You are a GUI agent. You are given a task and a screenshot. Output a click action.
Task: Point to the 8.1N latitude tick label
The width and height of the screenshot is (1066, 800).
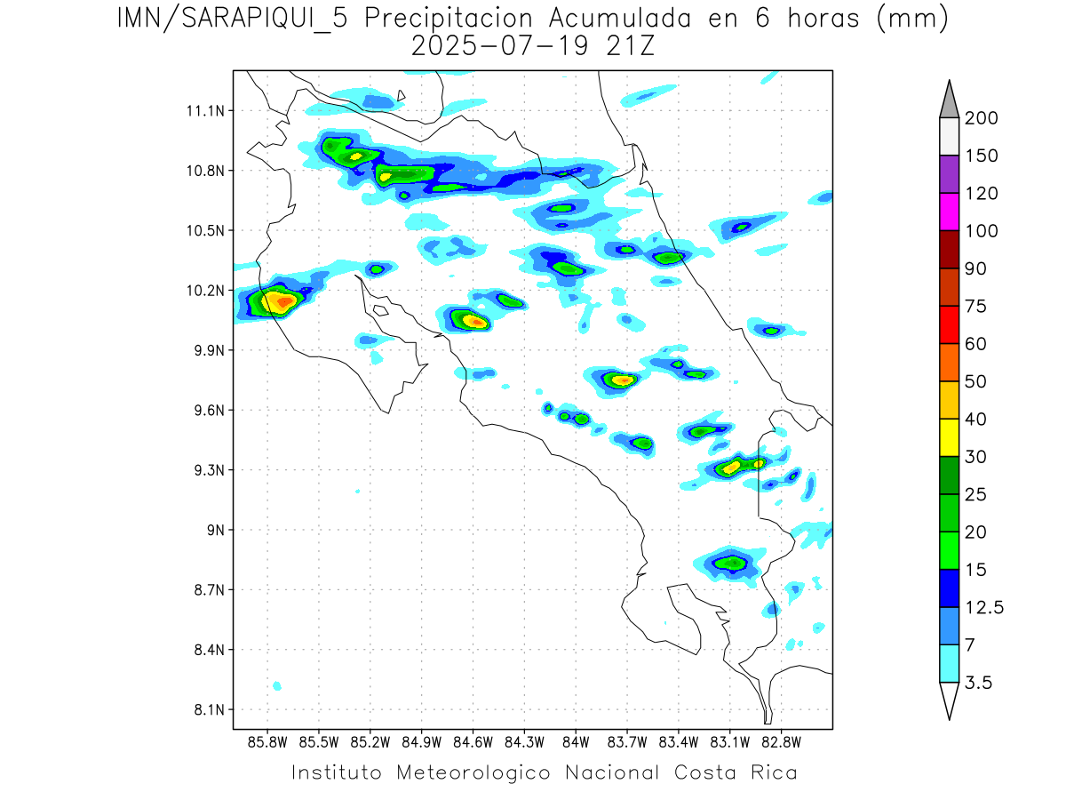207,710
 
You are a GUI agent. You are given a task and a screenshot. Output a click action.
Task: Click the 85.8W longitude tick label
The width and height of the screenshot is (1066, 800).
267,742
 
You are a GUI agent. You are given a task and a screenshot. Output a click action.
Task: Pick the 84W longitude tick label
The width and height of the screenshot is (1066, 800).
576,742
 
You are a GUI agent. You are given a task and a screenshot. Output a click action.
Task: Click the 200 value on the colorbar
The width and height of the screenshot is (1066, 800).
982,118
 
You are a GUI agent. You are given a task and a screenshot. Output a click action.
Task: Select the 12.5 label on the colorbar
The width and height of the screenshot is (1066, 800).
984,607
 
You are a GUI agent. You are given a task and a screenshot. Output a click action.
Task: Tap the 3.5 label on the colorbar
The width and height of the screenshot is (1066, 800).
979,683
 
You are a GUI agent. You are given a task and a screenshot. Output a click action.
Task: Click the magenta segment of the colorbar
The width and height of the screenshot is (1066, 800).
948,212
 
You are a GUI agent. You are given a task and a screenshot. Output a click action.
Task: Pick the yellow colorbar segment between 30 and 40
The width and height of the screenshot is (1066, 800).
948,437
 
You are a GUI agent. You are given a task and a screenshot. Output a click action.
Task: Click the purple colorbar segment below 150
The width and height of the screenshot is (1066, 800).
948,174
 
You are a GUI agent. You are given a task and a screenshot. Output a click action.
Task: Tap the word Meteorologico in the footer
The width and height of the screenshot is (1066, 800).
474,772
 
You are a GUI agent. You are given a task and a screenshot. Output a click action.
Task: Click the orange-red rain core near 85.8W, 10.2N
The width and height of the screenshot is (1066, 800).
284,302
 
